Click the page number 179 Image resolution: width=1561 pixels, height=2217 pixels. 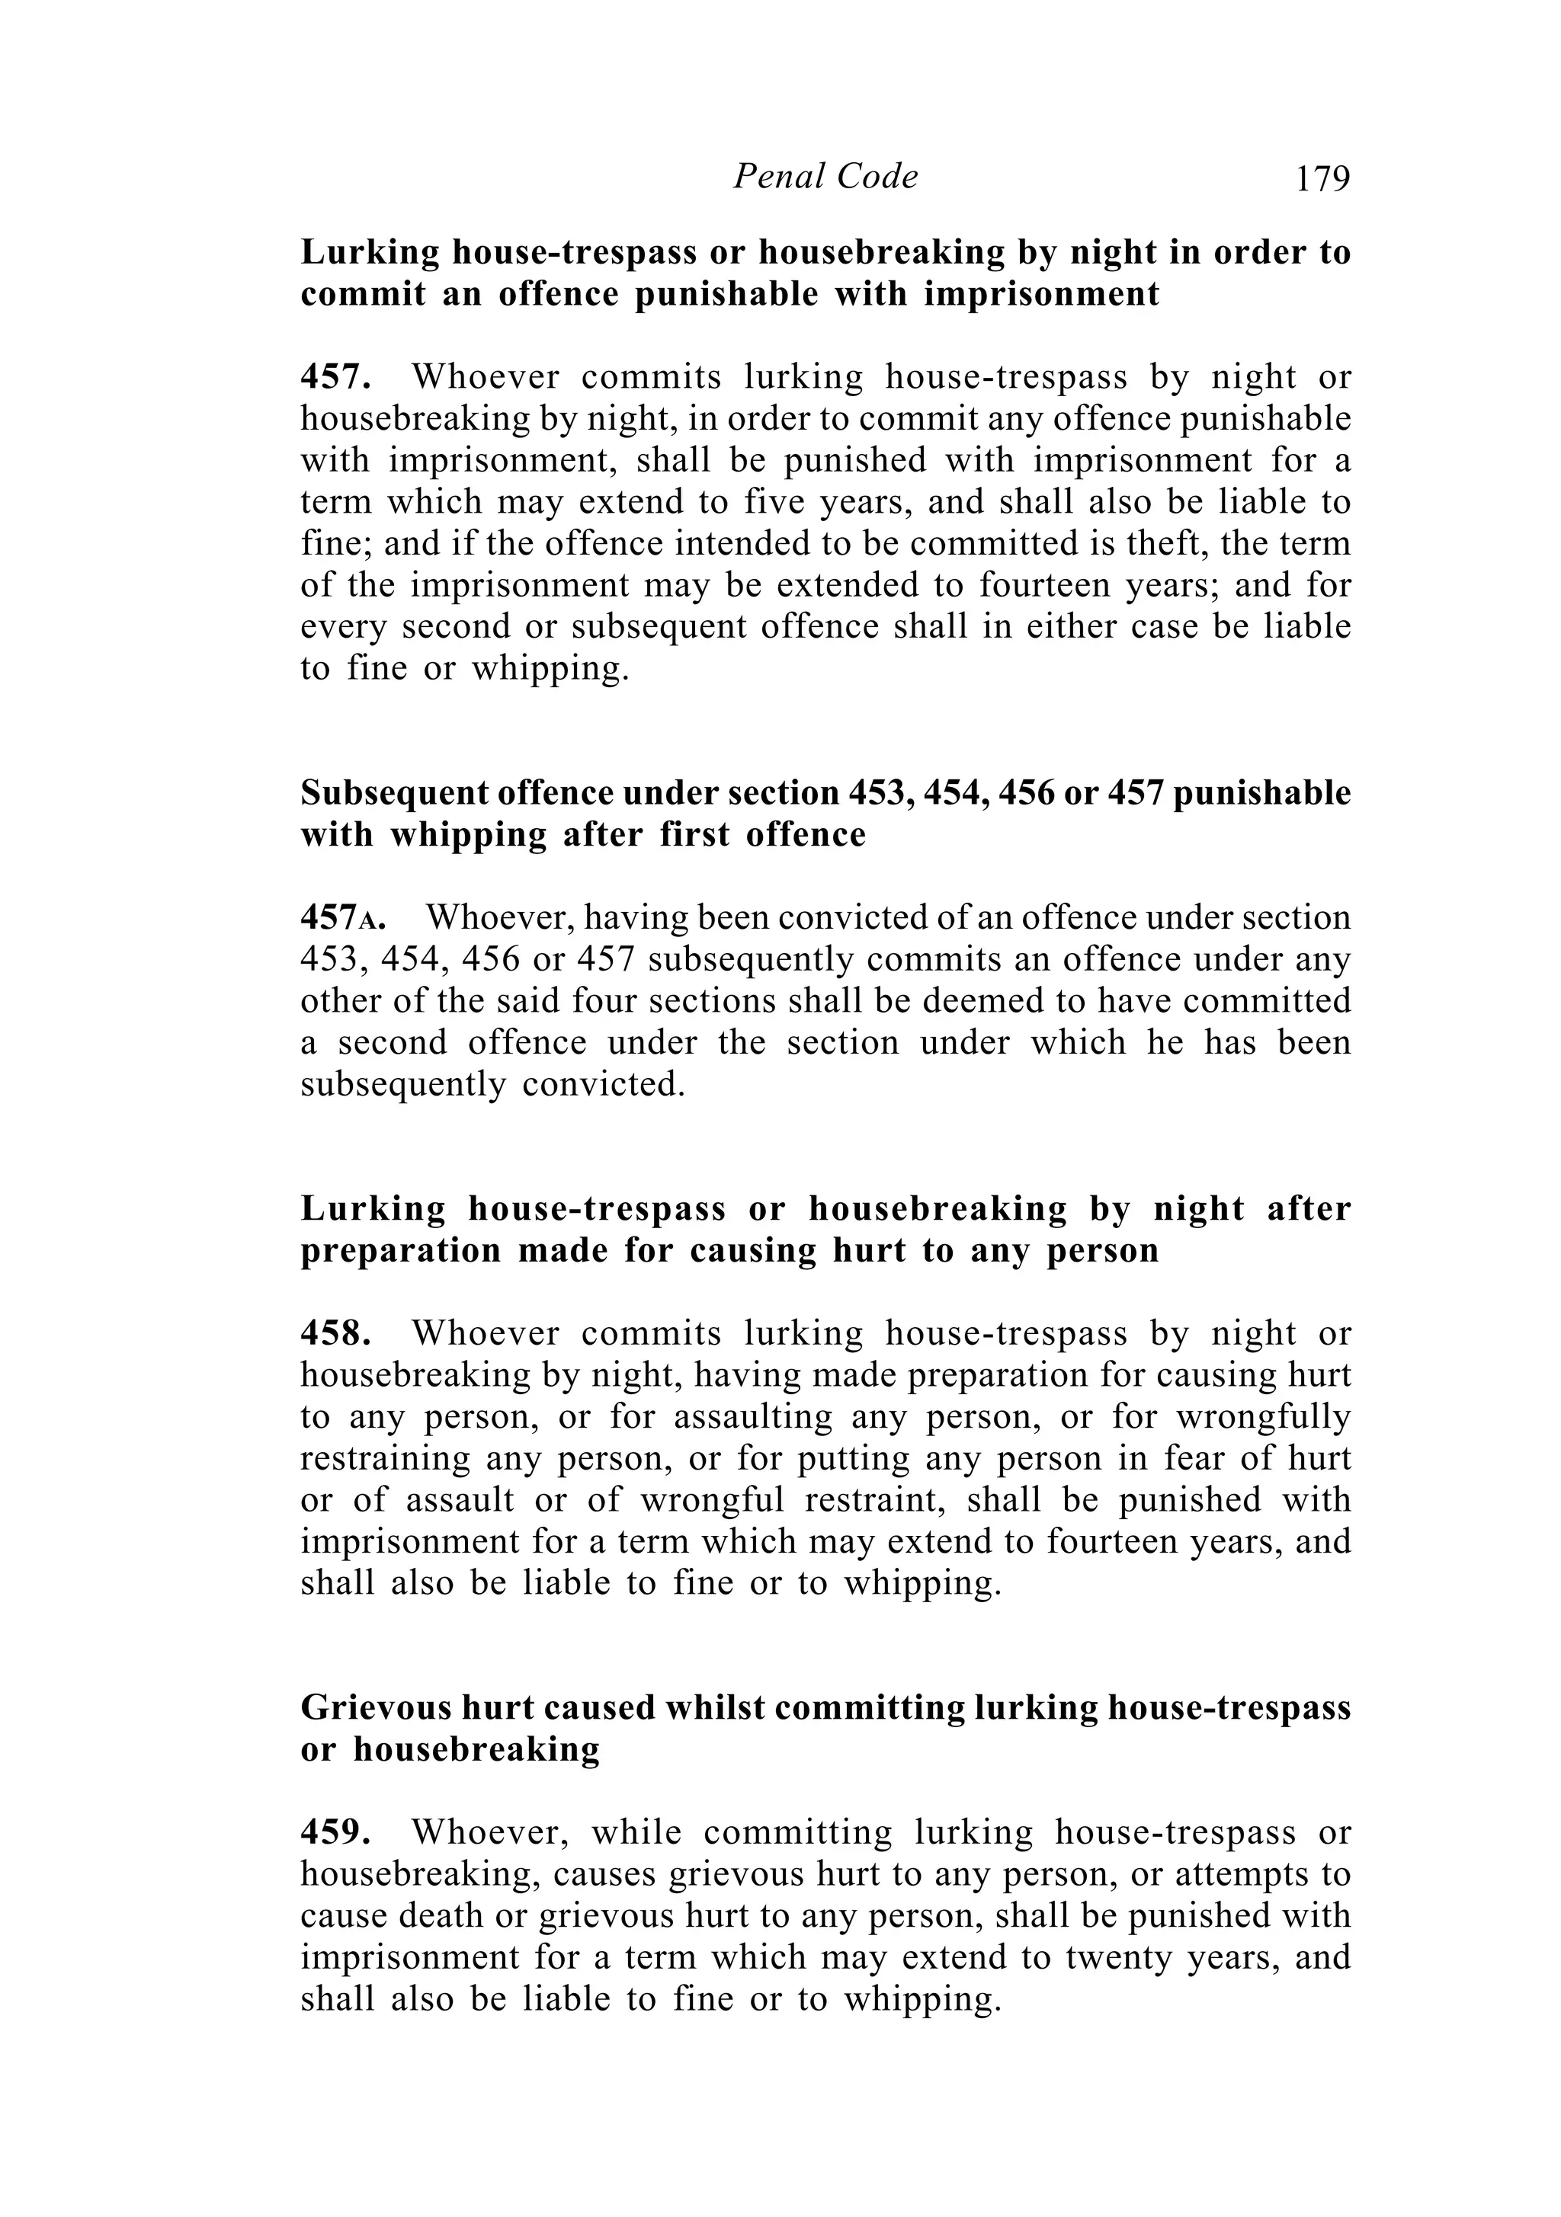pyautogui.click(x=1322, y=178)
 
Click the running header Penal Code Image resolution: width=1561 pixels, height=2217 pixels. pyautogui.click(x=825, y=177)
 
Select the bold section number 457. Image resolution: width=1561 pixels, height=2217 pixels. pyautogui.click(x=335, y=376)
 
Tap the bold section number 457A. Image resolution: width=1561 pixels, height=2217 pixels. pyautogui.click(x=343, y=917)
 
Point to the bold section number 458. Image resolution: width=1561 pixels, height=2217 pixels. pyautogui.click(x=335, y=1333)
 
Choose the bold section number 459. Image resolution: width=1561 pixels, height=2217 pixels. pyautogui.click(x=335, y=1833)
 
